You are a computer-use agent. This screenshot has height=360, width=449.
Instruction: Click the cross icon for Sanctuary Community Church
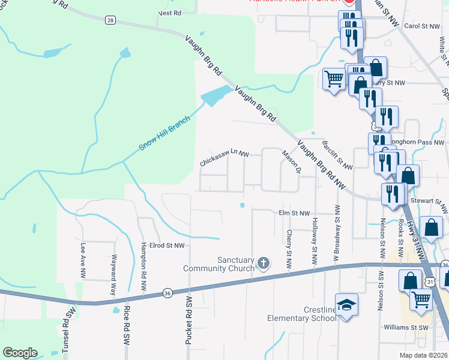click(263, 263)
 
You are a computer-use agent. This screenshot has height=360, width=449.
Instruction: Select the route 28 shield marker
click(110, 20)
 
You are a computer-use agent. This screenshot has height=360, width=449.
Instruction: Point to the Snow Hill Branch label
click(164, 133)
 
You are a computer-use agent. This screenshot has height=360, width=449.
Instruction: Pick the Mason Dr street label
click(291, 161)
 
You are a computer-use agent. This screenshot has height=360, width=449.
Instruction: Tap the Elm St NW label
click(294, 212)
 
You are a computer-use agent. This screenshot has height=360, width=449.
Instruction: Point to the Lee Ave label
click(83, 260)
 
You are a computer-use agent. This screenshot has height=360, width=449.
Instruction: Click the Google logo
click(20, 353)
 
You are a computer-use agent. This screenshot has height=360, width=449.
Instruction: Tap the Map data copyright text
click(424, 355)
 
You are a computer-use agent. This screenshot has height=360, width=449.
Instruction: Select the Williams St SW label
click(408, 328)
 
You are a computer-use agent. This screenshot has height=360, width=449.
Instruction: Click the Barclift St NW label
click(337, 155)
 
